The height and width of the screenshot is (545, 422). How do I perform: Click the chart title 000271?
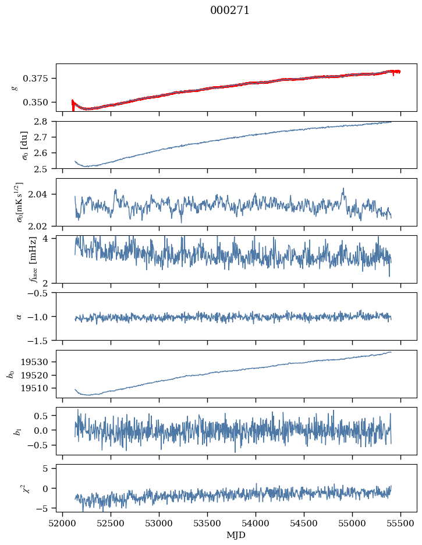229,10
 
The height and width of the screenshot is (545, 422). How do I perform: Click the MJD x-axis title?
236,535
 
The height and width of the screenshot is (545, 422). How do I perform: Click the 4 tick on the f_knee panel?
49,239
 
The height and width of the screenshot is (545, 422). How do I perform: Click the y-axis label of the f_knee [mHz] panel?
16,259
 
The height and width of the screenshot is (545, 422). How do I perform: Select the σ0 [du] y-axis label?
16,145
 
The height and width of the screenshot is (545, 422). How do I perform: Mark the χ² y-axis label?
16,489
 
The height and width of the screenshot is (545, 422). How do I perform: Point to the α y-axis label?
19,316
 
